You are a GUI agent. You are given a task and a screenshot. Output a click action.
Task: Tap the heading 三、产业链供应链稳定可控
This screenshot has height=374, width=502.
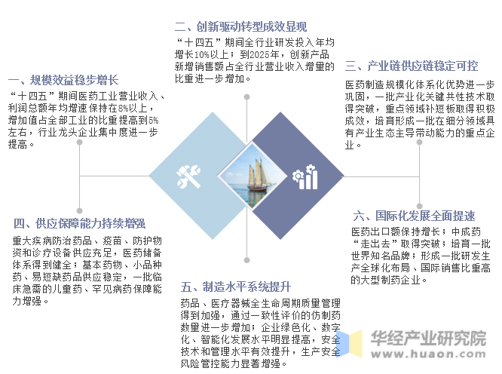coord(412,66)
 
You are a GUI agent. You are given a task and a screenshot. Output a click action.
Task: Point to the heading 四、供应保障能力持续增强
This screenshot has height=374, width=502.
coord(79,223)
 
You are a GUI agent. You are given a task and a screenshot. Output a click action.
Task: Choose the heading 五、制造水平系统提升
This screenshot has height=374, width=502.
coord(236,287)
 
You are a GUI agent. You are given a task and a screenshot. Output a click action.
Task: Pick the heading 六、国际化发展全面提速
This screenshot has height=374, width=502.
coord(413,216)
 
